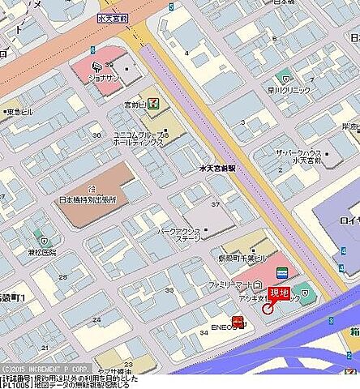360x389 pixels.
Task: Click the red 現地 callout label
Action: tap(279, 293)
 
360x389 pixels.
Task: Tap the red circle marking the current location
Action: tap(268, 309)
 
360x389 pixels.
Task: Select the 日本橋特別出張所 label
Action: tap(88, 199)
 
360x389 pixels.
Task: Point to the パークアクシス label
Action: tap(180, 234)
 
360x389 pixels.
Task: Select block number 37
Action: tap(215, 204)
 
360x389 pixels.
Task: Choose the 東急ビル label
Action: tap(21, 111)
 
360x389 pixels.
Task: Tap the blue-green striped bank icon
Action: tap(281, 271)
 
